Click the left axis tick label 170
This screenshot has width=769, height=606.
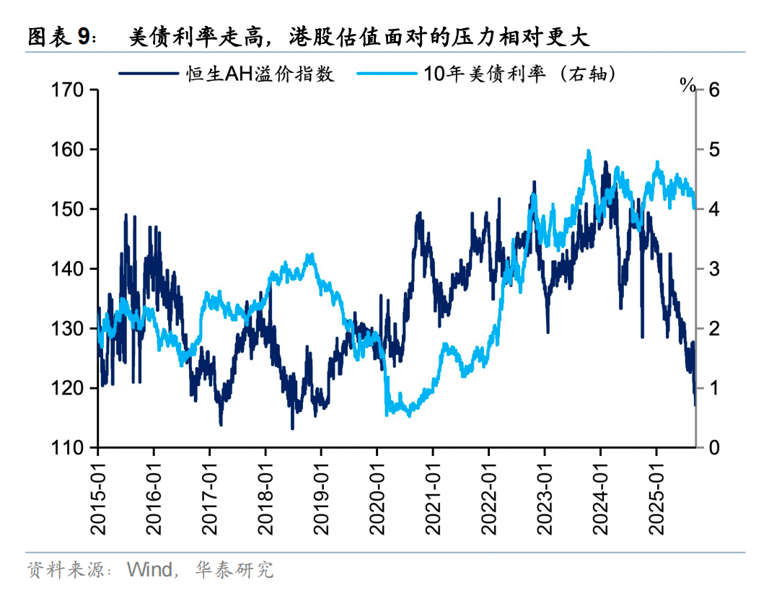(x=69, y=90)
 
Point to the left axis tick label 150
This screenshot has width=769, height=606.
(x=69, y=209)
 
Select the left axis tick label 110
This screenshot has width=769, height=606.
(x=69, y=448)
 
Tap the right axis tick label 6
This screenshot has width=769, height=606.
(x=715, y=90)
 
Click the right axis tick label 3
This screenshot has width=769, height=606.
(x=715, y=269)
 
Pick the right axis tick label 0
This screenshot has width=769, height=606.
(x=715, y=448)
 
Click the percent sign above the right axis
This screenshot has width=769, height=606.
(x=687, y=85)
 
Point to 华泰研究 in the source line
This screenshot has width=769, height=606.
(x=234, y=569)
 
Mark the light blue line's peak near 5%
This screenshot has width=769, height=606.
(x=589, y=151)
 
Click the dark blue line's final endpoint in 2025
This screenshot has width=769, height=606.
(x=695, y=405)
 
